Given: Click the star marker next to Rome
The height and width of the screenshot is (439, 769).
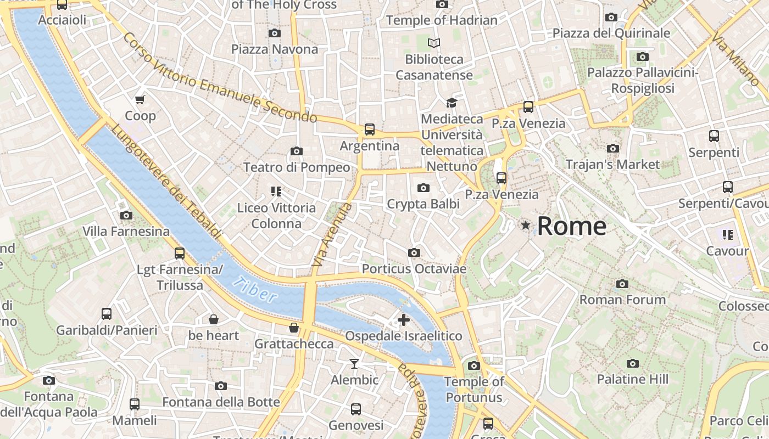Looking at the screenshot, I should [526, 225].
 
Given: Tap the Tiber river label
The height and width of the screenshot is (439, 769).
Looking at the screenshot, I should [254, 289].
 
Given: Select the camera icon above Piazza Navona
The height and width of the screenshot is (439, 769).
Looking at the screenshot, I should [275, 33].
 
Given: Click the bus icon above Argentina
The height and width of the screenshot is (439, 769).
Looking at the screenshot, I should [370, 130].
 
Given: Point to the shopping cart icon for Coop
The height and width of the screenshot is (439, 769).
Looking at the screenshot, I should [140, 99].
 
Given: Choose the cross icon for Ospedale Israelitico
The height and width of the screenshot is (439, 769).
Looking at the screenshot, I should [404, 319].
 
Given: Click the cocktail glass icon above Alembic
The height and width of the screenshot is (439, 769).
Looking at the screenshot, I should [354, 363].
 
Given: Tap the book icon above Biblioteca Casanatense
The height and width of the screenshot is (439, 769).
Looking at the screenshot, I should [434, 43].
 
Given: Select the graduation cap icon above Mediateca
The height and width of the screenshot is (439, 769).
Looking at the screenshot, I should [452, 103].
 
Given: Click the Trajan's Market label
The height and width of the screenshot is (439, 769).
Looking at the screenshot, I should [612, 164].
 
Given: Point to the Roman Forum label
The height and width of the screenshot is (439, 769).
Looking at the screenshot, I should [622, 300].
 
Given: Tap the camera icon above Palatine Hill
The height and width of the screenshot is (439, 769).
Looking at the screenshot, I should [633, 363].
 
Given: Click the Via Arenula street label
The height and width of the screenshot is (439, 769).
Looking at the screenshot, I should [331, 235].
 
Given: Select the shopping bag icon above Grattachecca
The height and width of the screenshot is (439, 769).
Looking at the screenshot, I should [294, 328].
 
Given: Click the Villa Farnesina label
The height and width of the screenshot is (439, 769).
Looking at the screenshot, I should [126, 231].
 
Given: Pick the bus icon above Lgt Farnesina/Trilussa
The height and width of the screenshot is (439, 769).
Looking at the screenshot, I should [180, 253].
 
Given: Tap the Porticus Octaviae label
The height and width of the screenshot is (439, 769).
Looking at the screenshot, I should [414, 269].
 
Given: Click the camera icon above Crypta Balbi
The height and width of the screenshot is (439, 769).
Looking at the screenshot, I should [423, 188].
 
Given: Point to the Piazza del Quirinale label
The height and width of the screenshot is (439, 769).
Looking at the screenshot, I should [611, 33].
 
